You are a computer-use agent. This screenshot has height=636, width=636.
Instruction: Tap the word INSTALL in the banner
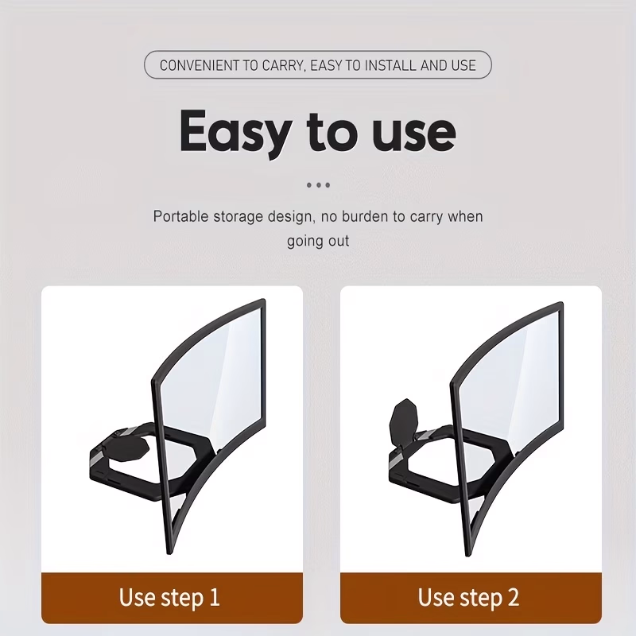[x=390, y=65]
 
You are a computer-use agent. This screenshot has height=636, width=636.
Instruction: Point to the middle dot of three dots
[x=319, y=185]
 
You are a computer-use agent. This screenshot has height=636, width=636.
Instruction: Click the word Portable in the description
[x=180, y=216]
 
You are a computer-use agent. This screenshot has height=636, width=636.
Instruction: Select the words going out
[x=318, y=241]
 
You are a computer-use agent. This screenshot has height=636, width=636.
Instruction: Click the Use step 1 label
[x=169, y=598]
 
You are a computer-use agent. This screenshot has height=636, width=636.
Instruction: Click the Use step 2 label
[x=468, y=598]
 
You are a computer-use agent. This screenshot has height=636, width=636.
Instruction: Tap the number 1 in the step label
[x=214, y=597]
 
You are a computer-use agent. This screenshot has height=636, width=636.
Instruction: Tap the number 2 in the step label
[x=513, y=597]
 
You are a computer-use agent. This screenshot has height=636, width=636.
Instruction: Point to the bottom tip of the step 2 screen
[x=467, y=556]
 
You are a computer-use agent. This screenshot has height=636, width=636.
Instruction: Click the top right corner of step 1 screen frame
[x=265, y=300]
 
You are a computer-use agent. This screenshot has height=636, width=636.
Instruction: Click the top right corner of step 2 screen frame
[x=562, y=303]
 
